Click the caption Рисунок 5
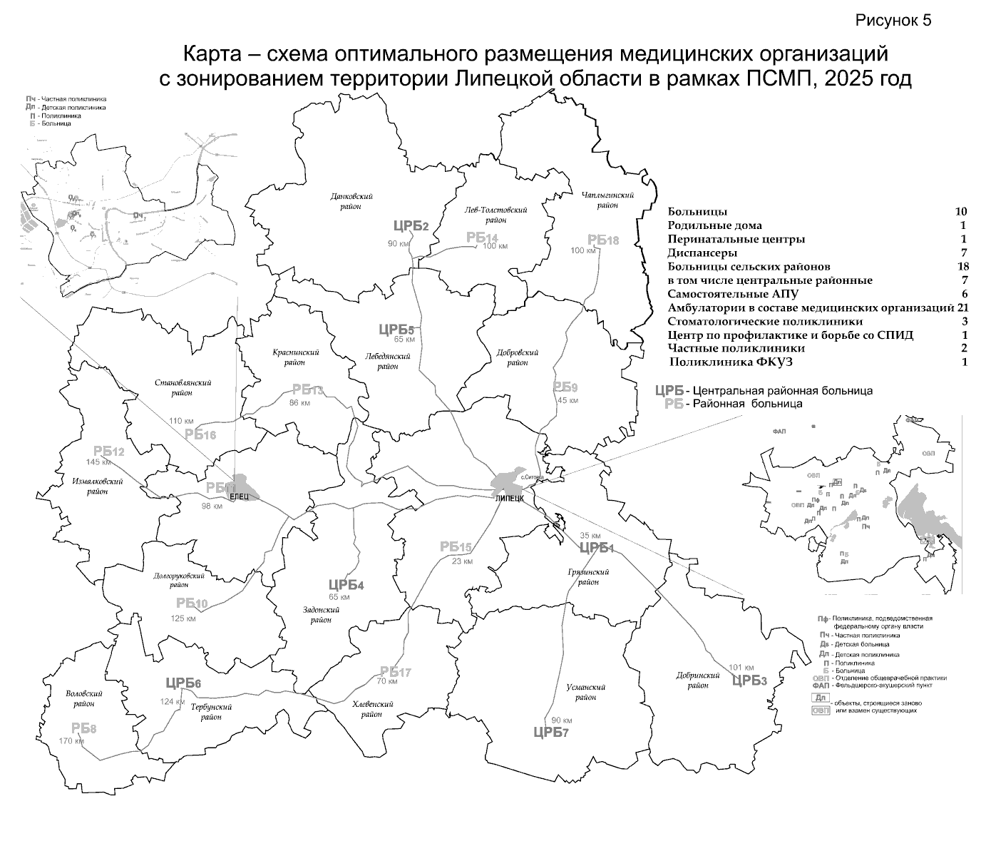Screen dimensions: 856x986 [x=893, y=20]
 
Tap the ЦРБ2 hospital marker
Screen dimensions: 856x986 [x=411, y=226]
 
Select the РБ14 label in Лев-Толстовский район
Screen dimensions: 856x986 [x=482, y=238]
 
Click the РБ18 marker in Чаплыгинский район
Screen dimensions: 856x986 [x=602, y=240]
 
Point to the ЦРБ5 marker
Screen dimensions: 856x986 [x=396, y=330]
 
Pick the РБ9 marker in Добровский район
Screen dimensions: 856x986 [x=565, y=387]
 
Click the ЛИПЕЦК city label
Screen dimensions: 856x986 [x=509, y=499]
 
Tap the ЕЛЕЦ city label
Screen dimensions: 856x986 [x=238, y=496]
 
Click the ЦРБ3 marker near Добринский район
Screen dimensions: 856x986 [x=749, y=680]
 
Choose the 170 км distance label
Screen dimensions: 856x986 [x=71, y=741]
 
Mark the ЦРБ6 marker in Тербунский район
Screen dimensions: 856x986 [x=183, y=683]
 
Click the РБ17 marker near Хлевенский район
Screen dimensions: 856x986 [x=396, y=672]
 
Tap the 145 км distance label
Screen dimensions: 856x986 [x=98, y=462]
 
